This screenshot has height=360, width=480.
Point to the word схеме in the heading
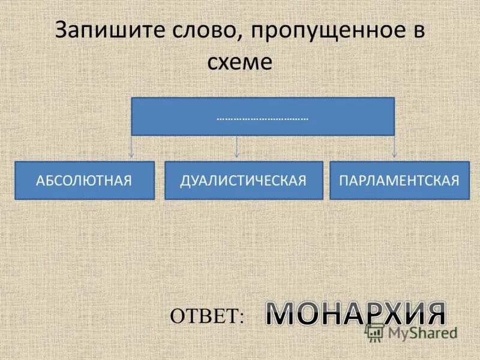(239, 62)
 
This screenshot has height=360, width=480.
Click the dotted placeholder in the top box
(262, 118)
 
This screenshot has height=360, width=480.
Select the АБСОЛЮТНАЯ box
(84, 180)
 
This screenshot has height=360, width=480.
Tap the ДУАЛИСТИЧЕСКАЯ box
(244, 180)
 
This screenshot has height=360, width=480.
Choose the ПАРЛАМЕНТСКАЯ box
(399, 180)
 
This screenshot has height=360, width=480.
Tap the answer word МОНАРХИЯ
(356, 314)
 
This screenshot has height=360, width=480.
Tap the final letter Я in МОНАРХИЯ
(434, 314)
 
